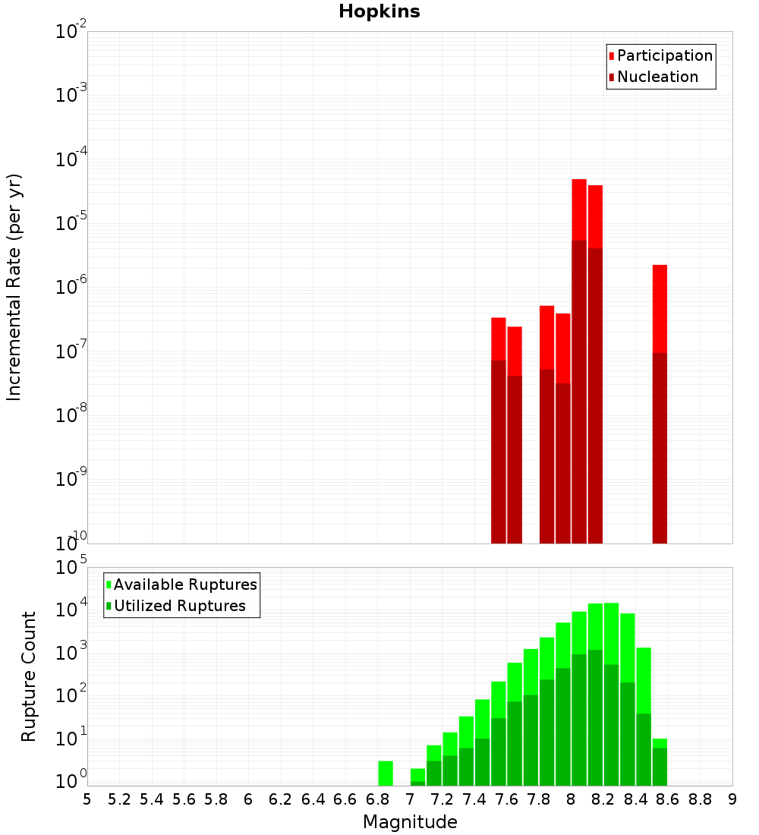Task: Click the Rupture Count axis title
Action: [29, 676]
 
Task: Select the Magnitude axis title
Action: [410, 822]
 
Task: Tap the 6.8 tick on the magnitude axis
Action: [377, 799]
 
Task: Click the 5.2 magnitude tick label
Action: [119, 799]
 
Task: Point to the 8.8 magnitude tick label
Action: [700, 799]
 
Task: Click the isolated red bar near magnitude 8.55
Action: [660, 402]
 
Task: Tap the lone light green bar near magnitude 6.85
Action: [386, 773]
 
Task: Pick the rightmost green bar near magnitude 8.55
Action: [660, 762]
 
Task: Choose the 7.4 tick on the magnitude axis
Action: [474, 799]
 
